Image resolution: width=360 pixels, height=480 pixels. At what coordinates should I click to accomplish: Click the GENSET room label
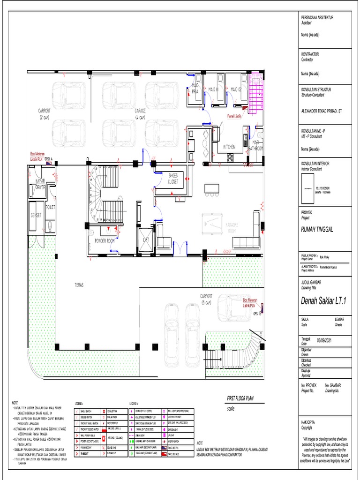tap(36, 215)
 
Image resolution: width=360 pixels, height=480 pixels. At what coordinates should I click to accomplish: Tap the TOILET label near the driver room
tap(51, 206)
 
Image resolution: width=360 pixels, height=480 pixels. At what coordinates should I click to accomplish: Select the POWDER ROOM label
tap(105, 241)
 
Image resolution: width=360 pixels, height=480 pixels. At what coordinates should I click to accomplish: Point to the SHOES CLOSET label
tap(173, 178)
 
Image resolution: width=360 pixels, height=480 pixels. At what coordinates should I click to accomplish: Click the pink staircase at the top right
tap(256, 96)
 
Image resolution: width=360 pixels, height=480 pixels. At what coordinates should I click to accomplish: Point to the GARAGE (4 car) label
tap(141, 113)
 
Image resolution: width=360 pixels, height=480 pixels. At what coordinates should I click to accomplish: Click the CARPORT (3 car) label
tap(206, 299)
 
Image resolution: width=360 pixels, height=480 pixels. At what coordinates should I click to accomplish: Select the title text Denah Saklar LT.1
tap(323, 301)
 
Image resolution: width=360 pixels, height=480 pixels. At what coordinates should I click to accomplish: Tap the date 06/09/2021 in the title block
tap(327, 341)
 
